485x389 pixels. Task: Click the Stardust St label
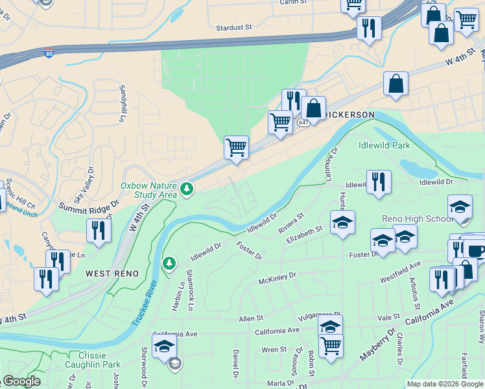coord(233,28)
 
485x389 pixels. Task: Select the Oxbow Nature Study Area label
coord(148,189)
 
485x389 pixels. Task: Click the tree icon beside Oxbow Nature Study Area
coord(187,189)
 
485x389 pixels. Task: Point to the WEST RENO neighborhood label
coord(112,274)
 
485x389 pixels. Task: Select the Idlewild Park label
coord(384,145)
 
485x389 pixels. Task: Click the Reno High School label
coord(418,218)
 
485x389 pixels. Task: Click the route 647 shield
coord(303,122)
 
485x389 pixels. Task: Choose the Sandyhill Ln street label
coord(121,103)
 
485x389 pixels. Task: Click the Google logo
coord(22,381)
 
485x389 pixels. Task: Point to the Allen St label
coord(251,318)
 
